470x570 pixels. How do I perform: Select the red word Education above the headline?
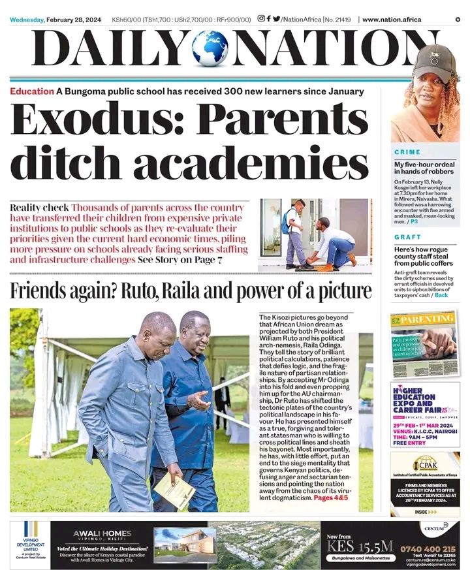click(x=31, y=91)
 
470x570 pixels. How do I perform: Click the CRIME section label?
click(x=407, y=152)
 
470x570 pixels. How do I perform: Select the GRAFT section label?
click(x=407, y=237)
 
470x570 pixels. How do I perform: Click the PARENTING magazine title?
click(x=428, y=319)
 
